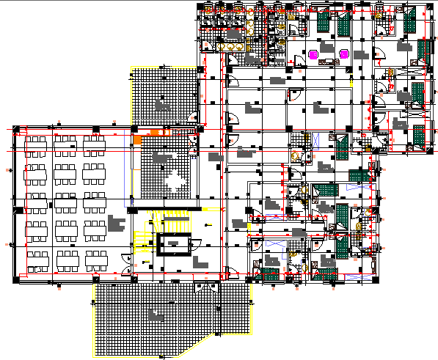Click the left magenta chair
tap(314, 54)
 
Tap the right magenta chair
tap(343, 54)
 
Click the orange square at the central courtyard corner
tap(136, 139)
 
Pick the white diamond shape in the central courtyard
tap(175, 180)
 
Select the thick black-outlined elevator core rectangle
tap(173, 245)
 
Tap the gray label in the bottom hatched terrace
tap(155, 317)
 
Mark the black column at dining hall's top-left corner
tap(17, 131)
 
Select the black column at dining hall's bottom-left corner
tap(17, 279)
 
